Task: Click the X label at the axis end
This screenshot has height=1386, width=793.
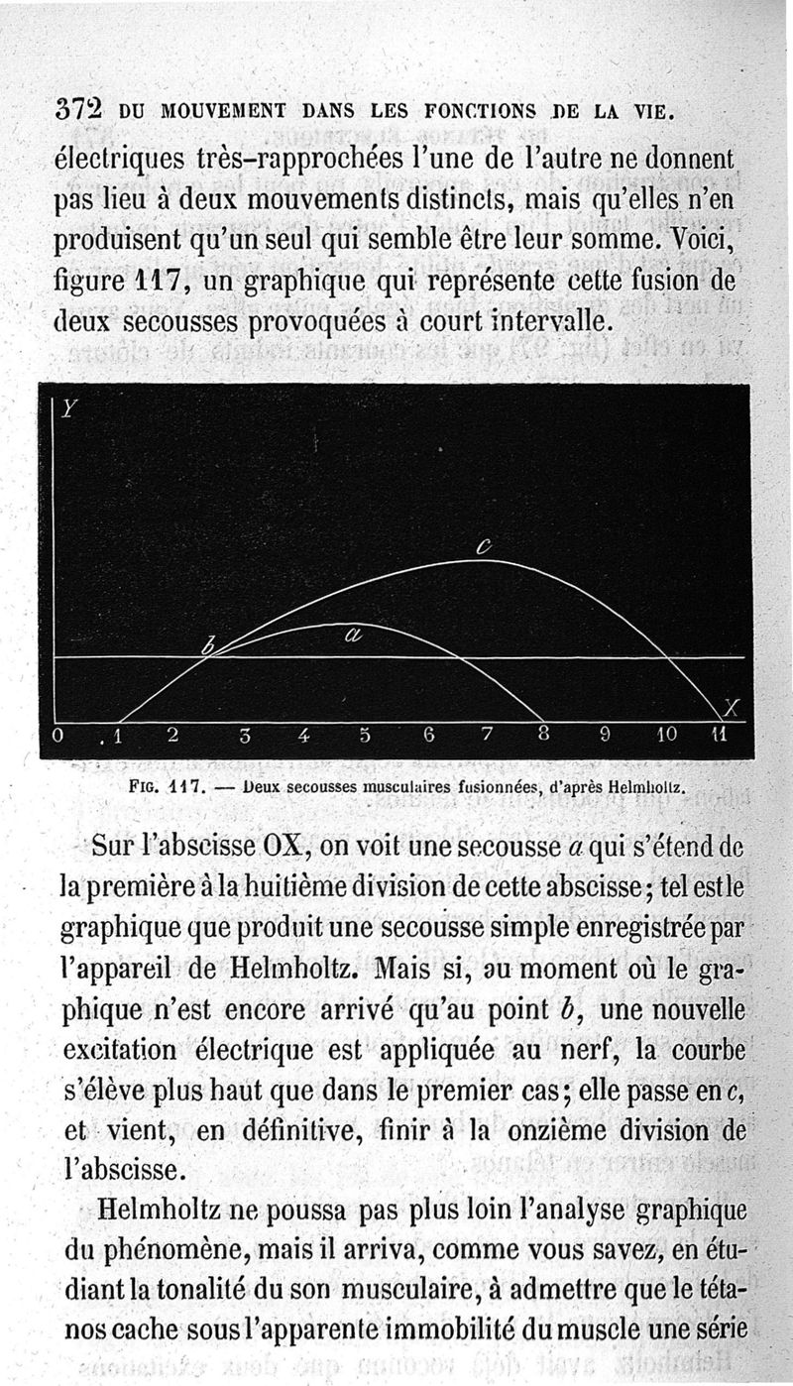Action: (732, 707)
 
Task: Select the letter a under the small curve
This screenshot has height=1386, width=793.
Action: (353, 638)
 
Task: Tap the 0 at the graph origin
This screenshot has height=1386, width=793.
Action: (58, 736)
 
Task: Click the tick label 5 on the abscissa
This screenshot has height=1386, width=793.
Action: (365, 736)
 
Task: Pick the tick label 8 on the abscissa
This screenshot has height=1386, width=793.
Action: (544, 736)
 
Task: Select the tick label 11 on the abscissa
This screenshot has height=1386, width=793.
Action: (720, 736)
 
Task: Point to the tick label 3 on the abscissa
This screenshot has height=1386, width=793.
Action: (244, 736)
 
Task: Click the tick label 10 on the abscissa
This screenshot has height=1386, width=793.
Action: (666, 736)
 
